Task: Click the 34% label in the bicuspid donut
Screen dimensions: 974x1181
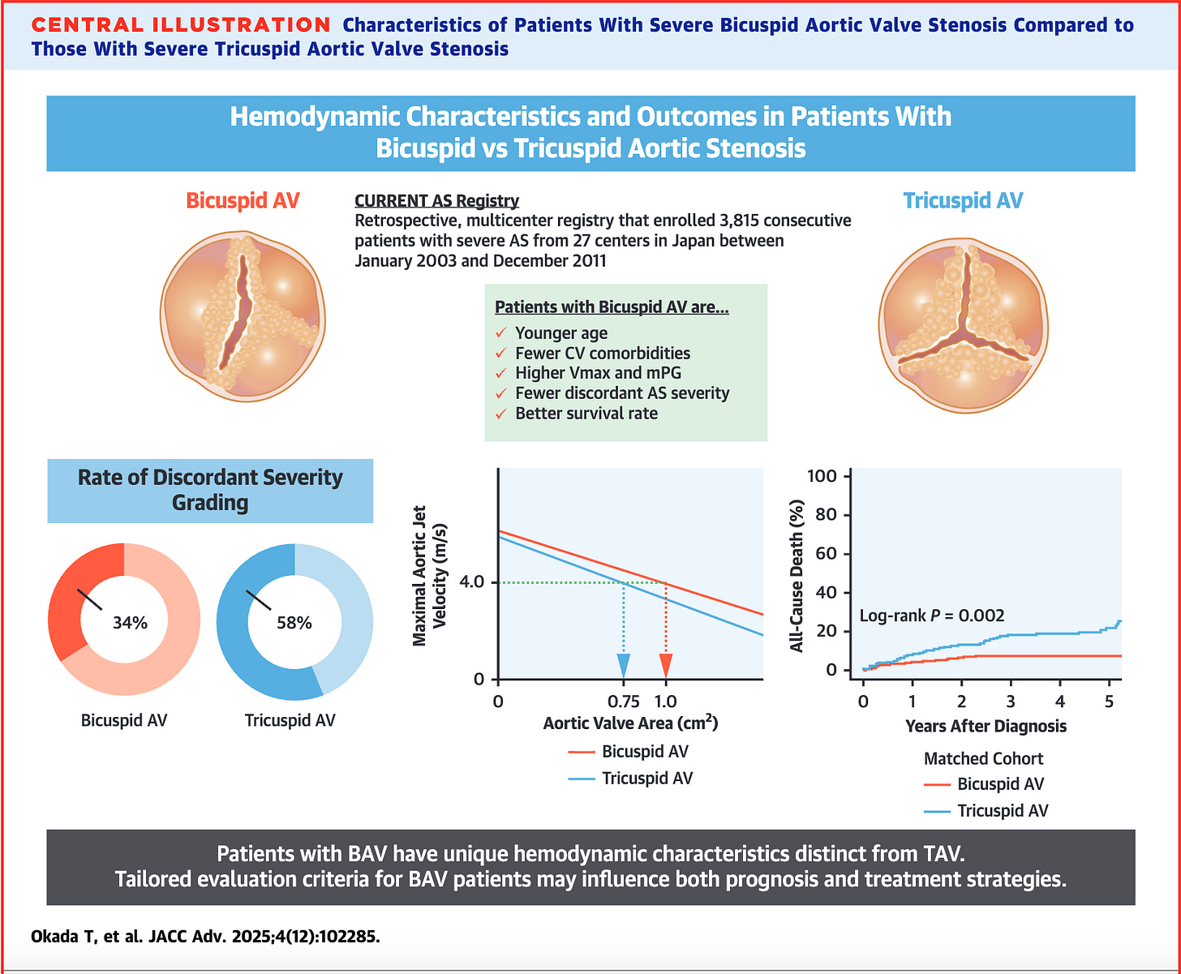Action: [130, 623]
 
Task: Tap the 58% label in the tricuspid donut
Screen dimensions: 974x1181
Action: [294, 623]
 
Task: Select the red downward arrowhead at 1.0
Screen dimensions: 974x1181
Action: [666, 666]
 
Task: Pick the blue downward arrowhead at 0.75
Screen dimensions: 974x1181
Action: [624, 666]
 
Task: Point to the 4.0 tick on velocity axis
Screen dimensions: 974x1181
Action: [471, 582]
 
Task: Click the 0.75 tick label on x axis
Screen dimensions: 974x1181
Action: [624, 700]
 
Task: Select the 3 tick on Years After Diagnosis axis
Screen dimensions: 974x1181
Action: [1011, 700]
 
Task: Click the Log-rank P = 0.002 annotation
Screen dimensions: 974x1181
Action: [932, 616]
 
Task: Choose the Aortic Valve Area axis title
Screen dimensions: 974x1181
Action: [630, 723]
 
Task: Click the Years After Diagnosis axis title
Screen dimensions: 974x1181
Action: [986, 726]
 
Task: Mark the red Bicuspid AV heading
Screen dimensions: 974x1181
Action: [243, 200]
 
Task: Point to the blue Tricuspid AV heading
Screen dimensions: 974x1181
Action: [963, 200]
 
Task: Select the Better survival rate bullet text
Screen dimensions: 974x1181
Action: [586, 414]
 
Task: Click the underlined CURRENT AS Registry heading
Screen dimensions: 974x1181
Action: [436, 200]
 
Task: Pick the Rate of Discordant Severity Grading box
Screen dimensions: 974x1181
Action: [210, 491]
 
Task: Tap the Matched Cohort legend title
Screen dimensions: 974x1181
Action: [983, 759]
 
